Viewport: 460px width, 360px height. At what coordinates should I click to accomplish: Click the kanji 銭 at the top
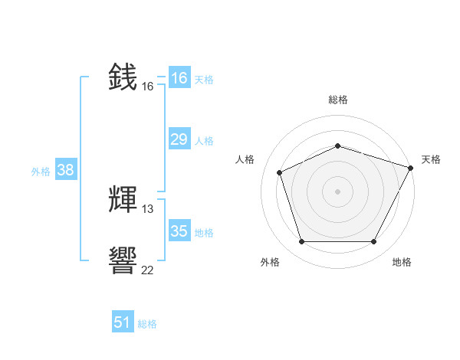coord(123,77)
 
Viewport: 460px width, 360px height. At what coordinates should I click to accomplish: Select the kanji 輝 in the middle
coord(123,200)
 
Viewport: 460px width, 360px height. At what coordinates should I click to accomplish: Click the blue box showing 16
coord(179,78)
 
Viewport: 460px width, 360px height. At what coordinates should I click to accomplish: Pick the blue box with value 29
coord(179,139)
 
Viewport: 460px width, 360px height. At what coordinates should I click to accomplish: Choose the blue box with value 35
coord(179,231)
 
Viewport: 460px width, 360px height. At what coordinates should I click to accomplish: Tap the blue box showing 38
coord(65,170)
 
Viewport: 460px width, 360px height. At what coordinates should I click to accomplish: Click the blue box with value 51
coord(123,322)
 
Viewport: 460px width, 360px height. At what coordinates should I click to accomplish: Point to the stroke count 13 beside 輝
coord(148,209)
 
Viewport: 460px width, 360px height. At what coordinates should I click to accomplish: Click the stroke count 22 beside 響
coord(148,270)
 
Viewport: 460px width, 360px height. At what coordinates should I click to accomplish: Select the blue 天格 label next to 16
coord(204,80)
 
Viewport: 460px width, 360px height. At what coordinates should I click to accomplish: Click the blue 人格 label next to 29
coord(204,141)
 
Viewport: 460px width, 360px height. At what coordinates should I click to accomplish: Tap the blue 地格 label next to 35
coord(204,233)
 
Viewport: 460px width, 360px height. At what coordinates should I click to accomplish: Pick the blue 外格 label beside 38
coord(41,172)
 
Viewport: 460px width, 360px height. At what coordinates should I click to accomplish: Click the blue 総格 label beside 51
coord(147,324)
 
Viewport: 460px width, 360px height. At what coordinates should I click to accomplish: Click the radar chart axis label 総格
coord(338,100)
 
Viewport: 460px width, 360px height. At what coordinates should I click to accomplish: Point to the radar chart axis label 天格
coord(431,159)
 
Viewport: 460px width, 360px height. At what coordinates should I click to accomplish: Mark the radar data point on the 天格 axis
coord(412,167)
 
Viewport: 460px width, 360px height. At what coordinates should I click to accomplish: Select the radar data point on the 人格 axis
coord(280,172)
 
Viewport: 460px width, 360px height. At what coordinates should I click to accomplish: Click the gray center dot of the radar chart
coord(338,191)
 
